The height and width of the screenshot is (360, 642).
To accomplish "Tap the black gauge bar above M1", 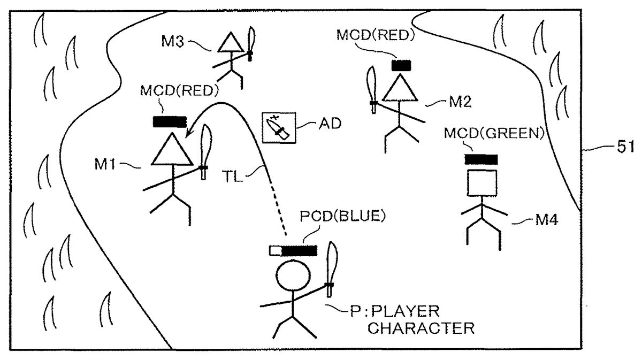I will pyautogui.click(x=170, y=121).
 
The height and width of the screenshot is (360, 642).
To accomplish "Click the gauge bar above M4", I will pyautogui.click(x=481, y=159).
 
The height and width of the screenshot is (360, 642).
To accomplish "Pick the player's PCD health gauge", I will pyautogui.click(x=293, y=250).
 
